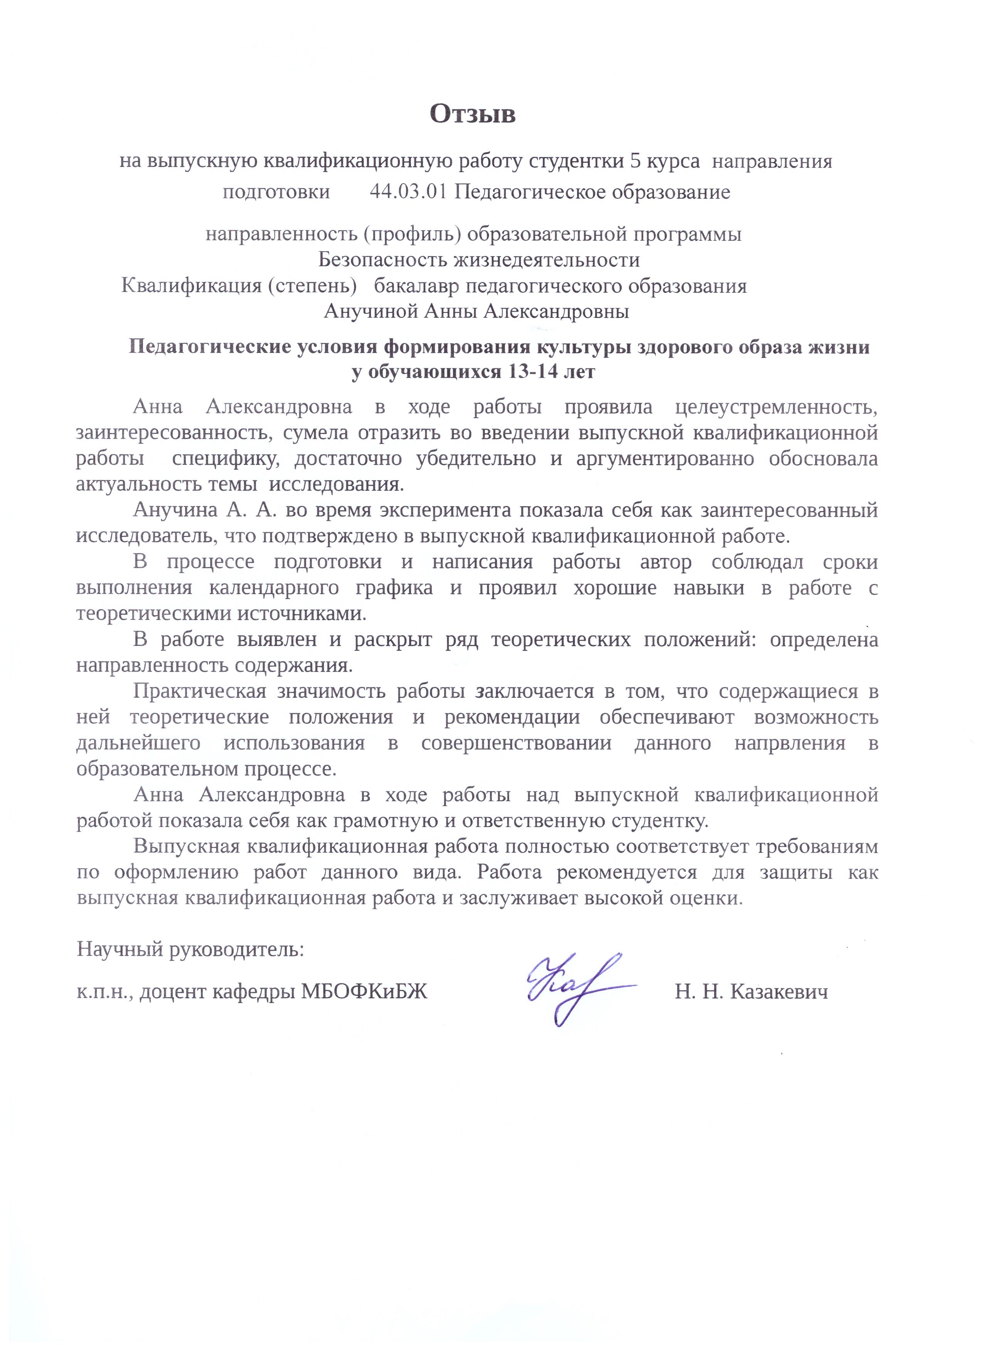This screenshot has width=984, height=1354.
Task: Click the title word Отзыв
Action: tap(472, 114)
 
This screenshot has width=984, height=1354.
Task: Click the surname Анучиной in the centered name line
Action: tap(371, 312)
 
